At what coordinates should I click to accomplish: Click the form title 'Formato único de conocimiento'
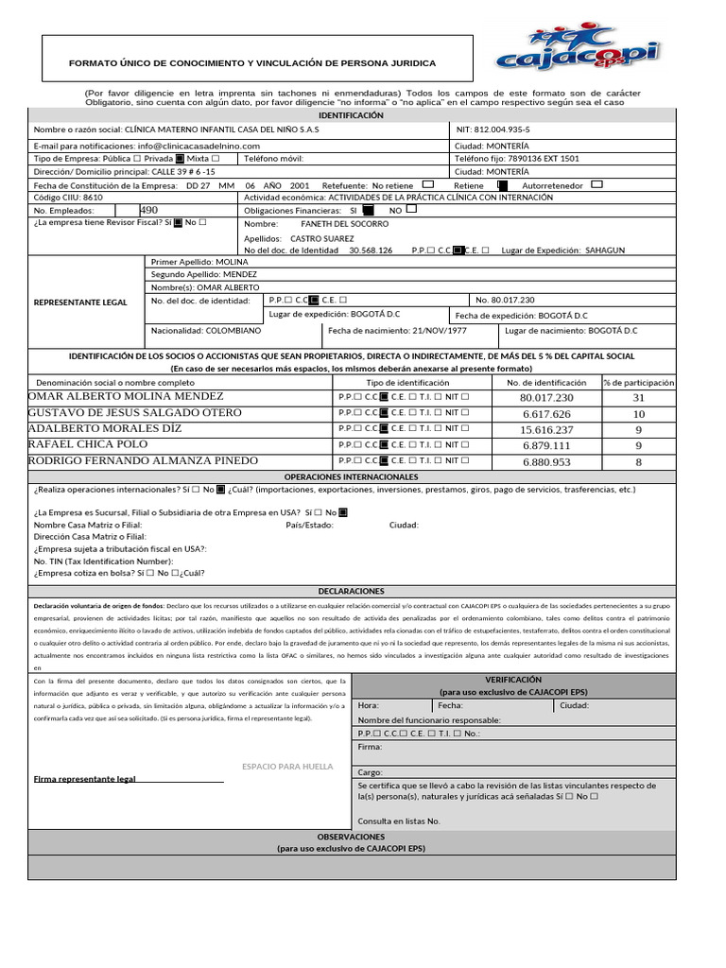pos(252,63)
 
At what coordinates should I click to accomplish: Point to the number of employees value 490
pos(149,210)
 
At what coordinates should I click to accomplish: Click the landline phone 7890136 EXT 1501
pos(532,160)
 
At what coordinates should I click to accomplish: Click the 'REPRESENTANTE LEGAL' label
pos(80,302)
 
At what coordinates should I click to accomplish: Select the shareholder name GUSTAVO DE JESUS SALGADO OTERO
pos(135,413)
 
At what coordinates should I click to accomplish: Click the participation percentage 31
pos(639,398)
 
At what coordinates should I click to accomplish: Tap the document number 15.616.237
pos(546,429)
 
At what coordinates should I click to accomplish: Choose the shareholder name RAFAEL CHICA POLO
pos(89,444)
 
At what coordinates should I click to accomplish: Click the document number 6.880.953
pos(546,461)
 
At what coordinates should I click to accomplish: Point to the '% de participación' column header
pos(639,383)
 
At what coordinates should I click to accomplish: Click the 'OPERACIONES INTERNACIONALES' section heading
pos(351,477)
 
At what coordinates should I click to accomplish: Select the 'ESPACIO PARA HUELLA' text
pos(287,767)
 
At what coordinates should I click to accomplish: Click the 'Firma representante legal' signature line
pos(129,780)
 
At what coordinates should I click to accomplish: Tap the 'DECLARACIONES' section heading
pos(351,590)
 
